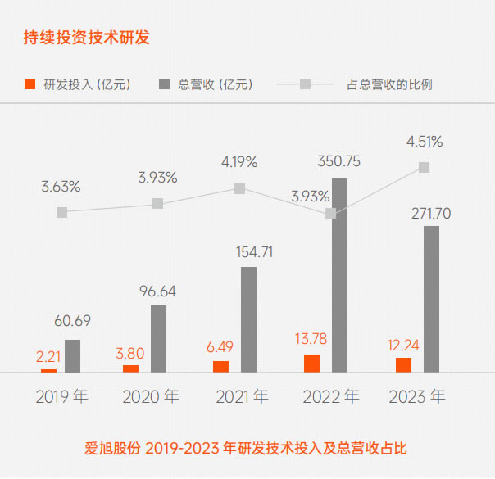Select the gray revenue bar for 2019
coord(73,356)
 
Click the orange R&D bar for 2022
coord(311,364)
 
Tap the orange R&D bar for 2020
coord(131,368)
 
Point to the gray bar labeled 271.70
coord(432,299)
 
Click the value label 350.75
coord(339,161)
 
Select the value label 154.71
coord(249,251)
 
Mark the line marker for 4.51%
coord(424,167)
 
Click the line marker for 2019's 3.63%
coord(61,212)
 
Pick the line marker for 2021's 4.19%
coord(239,188)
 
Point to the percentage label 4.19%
coord(239,161)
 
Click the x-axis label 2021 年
coord(243,397)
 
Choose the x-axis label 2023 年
coord(416,397)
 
